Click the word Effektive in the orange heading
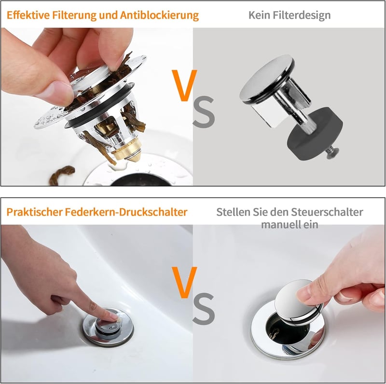point(28,15)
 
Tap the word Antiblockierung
point(159,15)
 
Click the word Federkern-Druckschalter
point(126,212)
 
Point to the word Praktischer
point(34,212)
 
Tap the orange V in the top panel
point(184,85)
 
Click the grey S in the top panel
point(204,112)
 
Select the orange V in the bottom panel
point(184,282)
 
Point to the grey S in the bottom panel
point(204,309)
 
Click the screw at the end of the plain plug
point(332,152)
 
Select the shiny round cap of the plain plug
point(266,79)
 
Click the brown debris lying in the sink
point(62,174)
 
